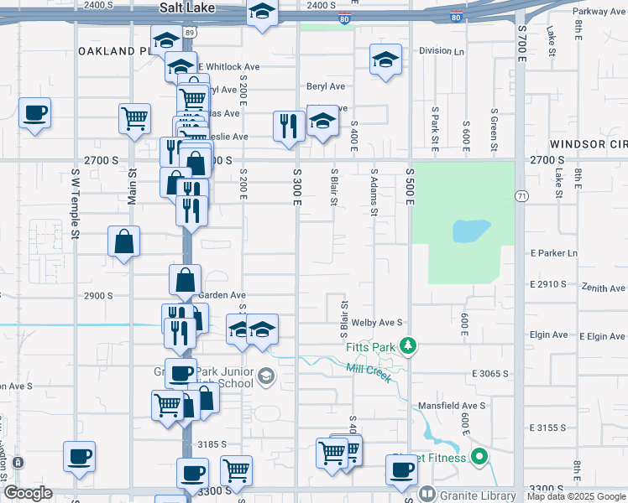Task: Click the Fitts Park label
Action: click(x=369, y=346)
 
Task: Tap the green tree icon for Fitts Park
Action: click(x=408, y=345)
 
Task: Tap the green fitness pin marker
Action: click(x=479, y=457)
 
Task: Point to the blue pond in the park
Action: click(x=470, y=231)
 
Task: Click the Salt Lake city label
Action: click(x=186, y=8)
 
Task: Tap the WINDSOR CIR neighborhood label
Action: click(x=591, y=145)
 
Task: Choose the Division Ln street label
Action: click(x=442, y=51)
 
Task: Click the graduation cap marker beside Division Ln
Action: click(x=385, y=59)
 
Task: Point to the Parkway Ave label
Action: click(x=599, y=12)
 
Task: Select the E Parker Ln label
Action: click(x=554, y=253)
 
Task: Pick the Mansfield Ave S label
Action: click(x=453, y=406)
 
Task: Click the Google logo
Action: click(x=28, y=494)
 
